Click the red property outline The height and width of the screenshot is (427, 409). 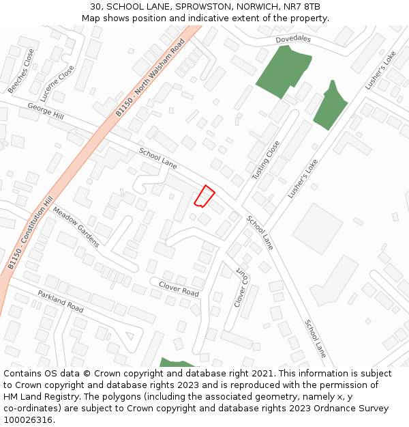(x=204, y=196)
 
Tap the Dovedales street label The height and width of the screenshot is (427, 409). (x=293, y=40)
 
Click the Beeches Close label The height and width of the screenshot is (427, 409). (x=21, y=70)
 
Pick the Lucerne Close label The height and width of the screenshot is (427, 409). (x=57, y=83)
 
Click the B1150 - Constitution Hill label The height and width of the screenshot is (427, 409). (x=30, y=232)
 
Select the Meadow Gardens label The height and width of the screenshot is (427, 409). (x=76, y=227)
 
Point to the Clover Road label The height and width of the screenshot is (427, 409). (x=179, y=288)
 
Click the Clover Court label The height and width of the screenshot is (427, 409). (x=241, y=286)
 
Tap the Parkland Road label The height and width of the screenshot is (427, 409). (x=61, y=301)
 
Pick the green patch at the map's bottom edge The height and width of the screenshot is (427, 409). (x=175, y=362)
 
